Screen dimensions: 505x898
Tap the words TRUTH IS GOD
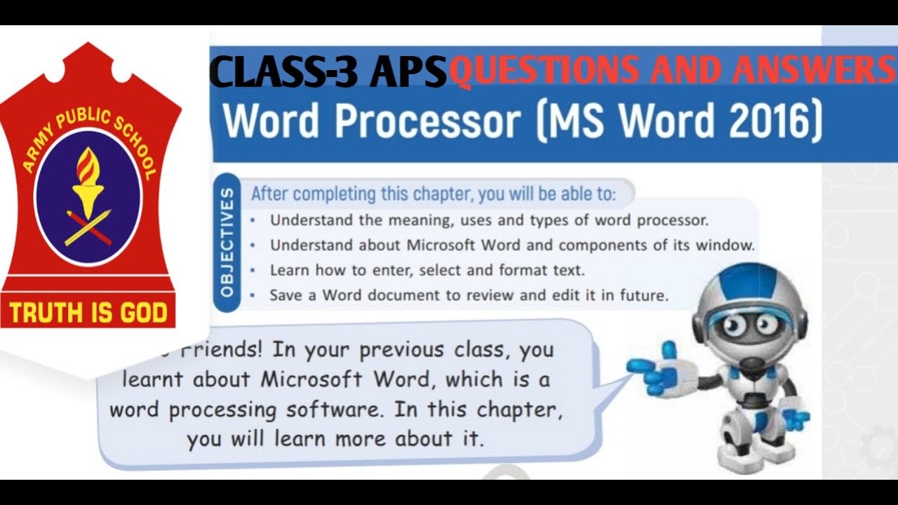88,312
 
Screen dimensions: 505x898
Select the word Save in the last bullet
286,295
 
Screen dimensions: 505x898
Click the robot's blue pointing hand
649,369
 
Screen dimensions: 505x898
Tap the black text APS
408,72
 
